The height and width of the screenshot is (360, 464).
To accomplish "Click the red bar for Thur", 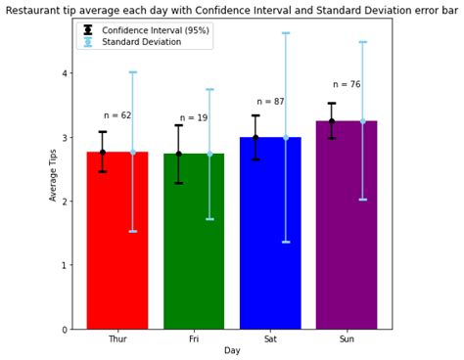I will [117, 245].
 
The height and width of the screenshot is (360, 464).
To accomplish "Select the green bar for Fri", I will [194, 245].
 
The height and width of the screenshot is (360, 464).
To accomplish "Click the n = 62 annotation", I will [117, 115].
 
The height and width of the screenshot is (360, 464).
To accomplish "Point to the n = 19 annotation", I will [194, 118].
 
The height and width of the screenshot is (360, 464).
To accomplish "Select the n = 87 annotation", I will [270, 102].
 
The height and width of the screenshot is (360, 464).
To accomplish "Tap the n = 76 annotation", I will [347, 85].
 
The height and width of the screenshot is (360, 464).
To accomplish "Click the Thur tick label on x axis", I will [117, 338].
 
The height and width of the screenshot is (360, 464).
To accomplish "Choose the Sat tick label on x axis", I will [270, 338].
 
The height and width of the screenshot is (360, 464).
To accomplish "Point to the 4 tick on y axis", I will [64, 73].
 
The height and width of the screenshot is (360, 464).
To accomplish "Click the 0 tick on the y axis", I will [64, 329].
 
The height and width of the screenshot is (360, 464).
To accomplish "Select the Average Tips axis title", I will [54, 174].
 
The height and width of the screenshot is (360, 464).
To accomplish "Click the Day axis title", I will [232, 350].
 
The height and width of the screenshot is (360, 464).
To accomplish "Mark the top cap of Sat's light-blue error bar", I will [286, 33].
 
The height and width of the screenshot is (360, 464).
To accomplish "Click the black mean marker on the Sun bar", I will [331, 121].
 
